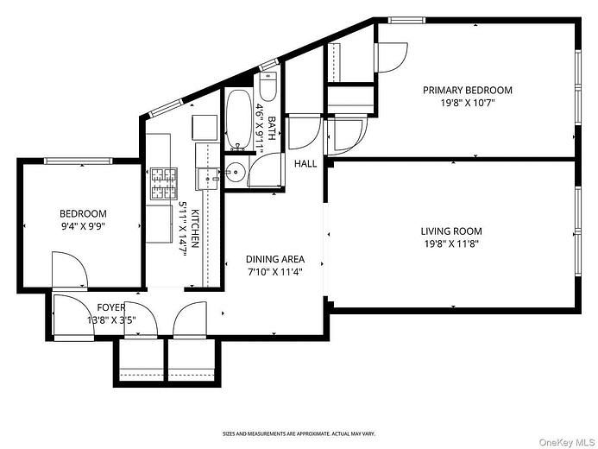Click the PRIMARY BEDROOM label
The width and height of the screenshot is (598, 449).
[x=468, y=91]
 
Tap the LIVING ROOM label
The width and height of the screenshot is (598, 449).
[x=451, y=231]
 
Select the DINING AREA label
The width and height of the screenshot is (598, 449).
[x=275, y=259]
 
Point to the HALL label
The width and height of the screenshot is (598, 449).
[x=305, y=164]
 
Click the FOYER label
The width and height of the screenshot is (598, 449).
[x=111, y=307]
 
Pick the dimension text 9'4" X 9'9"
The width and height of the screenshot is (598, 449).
[x=83, y=226]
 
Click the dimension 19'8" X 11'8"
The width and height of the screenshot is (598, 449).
[x=451, y=243]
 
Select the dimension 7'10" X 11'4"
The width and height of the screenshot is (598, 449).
[x=274, y=272]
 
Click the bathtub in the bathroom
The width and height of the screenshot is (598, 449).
[x=239, y=119]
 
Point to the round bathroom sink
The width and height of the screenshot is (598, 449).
[x=235, y=172]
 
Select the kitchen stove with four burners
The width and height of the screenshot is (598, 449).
[x=164, y=184]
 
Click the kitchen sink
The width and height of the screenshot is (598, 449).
[x=208, y=179]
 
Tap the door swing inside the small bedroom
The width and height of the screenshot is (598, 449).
[x=70, y=269]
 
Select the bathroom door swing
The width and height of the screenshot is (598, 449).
[x=265, y=169]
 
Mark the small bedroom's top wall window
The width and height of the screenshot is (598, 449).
[x=79, y=161]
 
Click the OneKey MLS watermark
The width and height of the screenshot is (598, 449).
[x=567, y=442]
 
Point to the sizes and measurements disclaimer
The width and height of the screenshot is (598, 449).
[x=299, y=433]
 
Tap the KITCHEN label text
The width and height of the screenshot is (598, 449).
[x=195, y=229]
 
